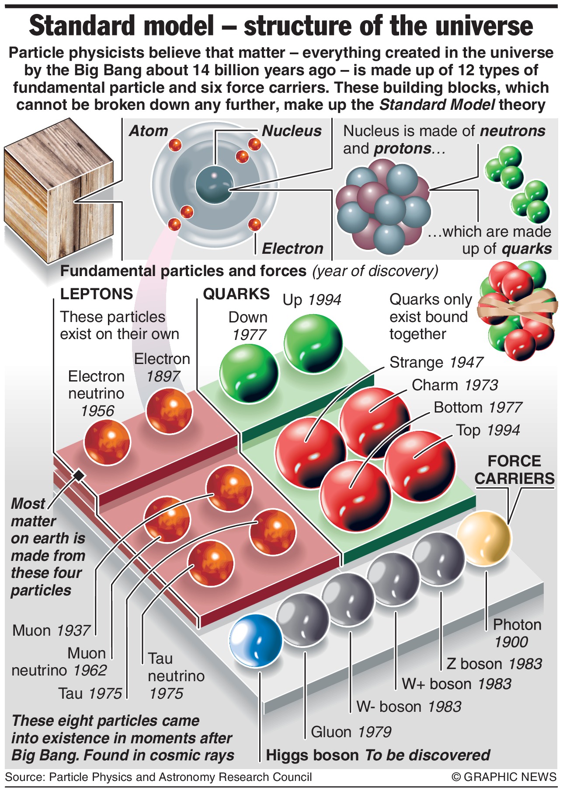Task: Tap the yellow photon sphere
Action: coord(484,539)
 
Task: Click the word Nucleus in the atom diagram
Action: coord(292,131)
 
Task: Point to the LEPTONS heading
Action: coord(96,294)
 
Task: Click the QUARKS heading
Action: coord(236,294)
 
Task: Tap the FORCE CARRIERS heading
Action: coord(514,470)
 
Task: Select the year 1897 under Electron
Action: coord(163,376)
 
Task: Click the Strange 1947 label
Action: coord(436,362)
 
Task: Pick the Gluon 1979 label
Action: coord(351,731)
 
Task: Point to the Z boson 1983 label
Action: coord(494,664)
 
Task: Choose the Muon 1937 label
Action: coord(51,630)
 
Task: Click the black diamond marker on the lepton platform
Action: coord(79,476)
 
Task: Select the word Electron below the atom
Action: coord(292,248)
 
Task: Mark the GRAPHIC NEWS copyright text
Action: coord(504,777)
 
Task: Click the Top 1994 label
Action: coord(488,430)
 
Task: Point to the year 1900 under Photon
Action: coord(511,642)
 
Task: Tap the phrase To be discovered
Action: coord(427,755)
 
